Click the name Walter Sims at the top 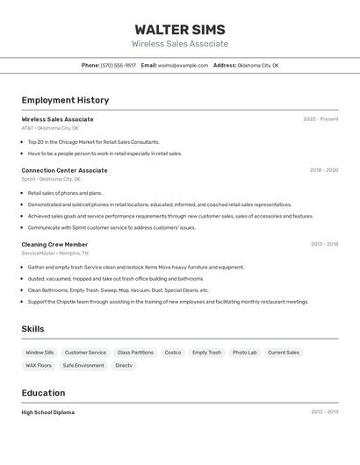(x=179, y=29)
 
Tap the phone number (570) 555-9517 (x=119, y=65)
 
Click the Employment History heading (x=65, y=100)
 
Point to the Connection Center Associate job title (x=64, y=170)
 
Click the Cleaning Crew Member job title (x=54, y=244)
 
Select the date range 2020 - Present (x=320, y=119)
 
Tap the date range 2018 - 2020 (x=323, y=170)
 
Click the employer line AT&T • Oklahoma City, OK (x=50, y=128)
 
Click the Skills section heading (x=32, y=329)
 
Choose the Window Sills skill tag (x=40, y=353)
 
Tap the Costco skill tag (x=173, y=353)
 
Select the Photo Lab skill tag (x=245, y=353)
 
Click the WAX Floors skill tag (x=39, y=365)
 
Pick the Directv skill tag (x=124, y=365)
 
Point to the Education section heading (x=43, y=393)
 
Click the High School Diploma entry (x=47, y=411)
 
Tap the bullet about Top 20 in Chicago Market (x=93, y=141)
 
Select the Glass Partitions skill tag (x=135, y=353)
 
